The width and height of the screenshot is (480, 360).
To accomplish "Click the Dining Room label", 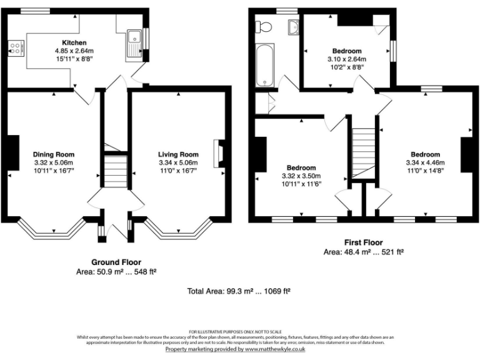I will [x=54, y=154].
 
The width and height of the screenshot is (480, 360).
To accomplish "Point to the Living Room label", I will [x=178, y=154].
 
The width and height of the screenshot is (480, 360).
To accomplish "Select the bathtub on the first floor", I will [x=265, y=66].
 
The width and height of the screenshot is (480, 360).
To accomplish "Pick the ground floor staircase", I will [x=116, y=171].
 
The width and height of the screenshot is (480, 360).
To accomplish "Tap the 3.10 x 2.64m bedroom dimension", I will [x=346, y=59].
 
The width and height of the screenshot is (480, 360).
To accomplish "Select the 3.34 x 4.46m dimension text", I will [x=424, y=162].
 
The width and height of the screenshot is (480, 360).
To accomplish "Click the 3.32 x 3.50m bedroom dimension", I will [x=301, y=176].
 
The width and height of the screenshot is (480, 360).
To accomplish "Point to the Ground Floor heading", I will [x=116, y=262].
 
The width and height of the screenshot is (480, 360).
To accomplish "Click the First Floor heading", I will [x=363, y=242].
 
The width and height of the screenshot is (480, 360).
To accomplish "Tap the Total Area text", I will [x=239, y=291].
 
